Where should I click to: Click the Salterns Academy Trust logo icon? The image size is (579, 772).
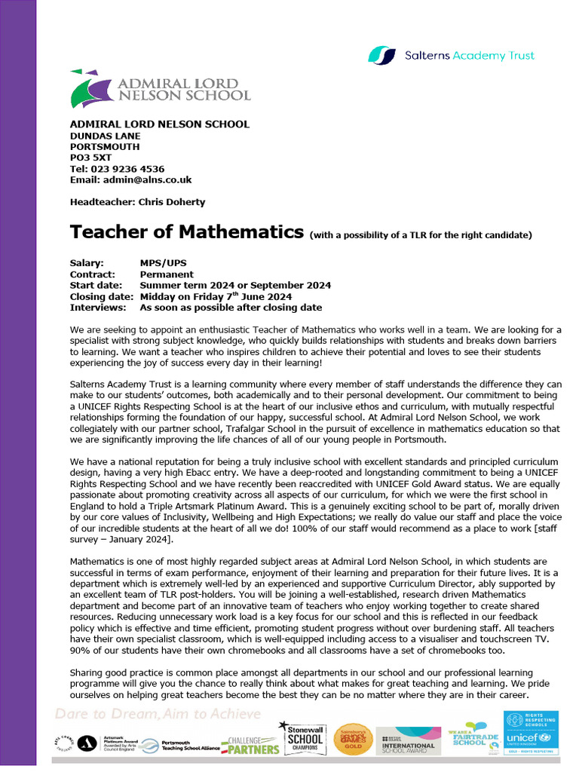[381, 55]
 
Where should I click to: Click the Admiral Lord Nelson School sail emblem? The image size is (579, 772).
[89, 89]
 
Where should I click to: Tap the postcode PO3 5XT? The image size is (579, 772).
[90, 158]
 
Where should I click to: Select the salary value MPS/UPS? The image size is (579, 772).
[163, 263]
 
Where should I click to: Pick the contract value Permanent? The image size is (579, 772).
[167, 274]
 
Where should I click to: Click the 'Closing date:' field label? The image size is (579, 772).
[101, 296]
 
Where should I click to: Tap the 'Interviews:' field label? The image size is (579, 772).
[98, 308]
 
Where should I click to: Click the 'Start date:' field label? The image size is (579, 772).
[96, 286]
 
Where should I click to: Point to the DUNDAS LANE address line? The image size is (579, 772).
[105, 136]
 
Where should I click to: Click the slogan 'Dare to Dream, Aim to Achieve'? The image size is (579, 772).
[158, 714]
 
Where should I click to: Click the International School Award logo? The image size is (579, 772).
[409, 740]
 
